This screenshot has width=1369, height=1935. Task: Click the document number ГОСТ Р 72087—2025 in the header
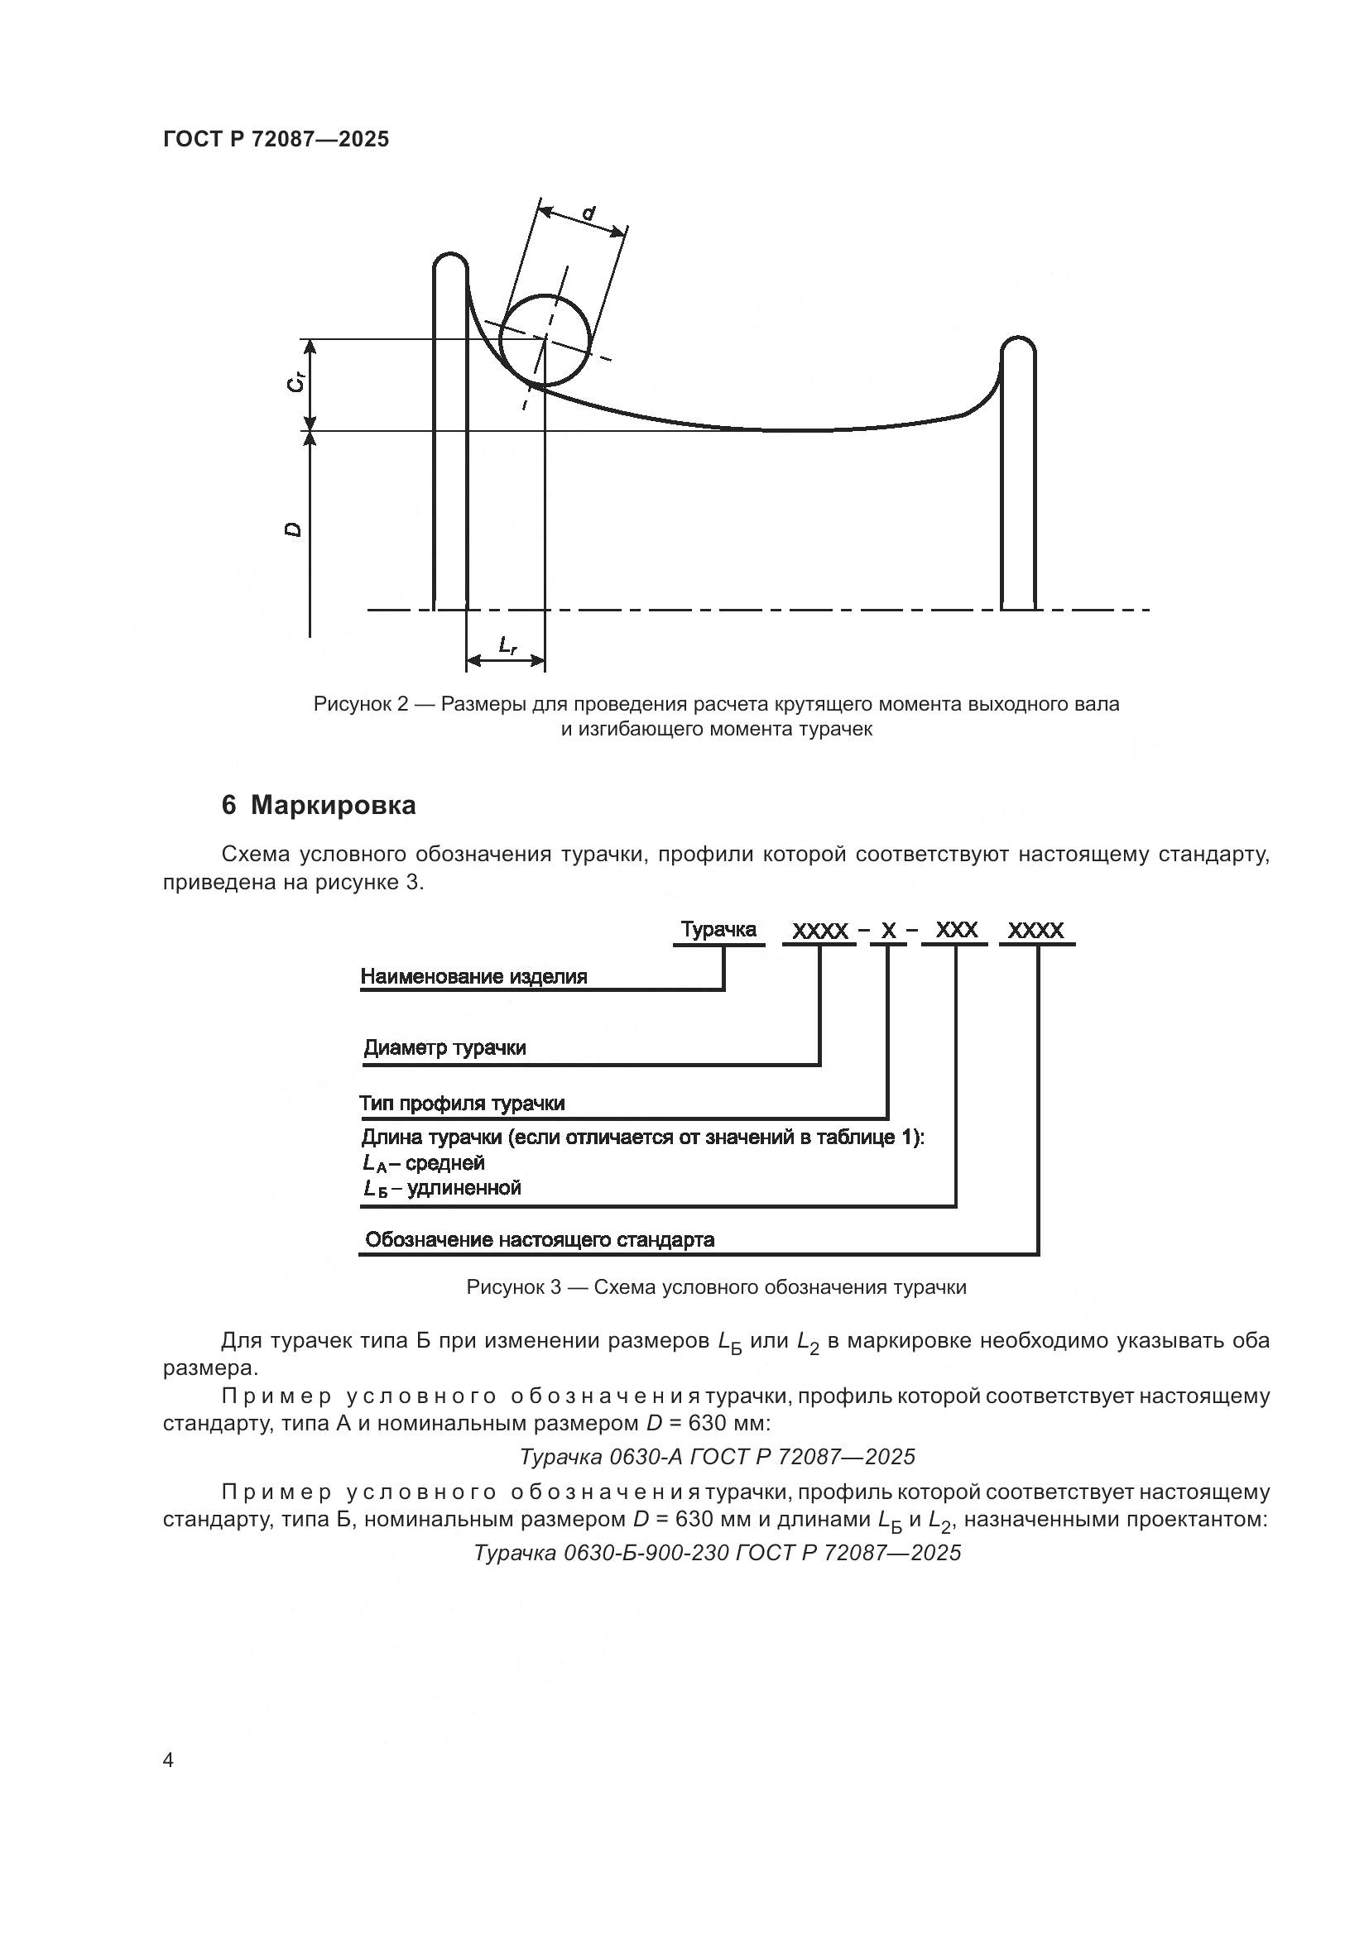[276, 139]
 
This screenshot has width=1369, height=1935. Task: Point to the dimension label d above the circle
[588, 213]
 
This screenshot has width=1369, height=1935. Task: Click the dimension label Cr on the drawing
[294, 383]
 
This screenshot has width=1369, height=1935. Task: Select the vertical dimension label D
[293, 529]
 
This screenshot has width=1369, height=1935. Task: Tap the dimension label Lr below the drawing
[507, 646]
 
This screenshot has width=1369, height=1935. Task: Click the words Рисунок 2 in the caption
[360, 704]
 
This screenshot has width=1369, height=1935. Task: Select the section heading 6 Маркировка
[319, 806]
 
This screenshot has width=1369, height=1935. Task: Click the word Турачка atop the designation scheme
[718, 930]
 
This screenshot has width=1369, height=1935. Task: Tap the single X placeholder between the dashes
[888, 932]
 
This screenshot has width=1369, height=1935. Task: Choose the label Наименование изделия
[473, 977]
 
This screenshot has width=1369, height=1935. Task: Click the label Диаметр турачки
[445, 1048]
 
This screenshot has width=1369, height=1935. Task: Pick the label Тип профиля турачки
[462, 1104]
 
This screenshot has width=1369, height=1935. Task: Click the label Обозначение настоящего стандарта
[540, 1240]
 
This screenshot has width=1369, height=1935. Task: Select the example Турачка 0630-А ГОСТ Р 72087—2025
[717, 1456]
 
